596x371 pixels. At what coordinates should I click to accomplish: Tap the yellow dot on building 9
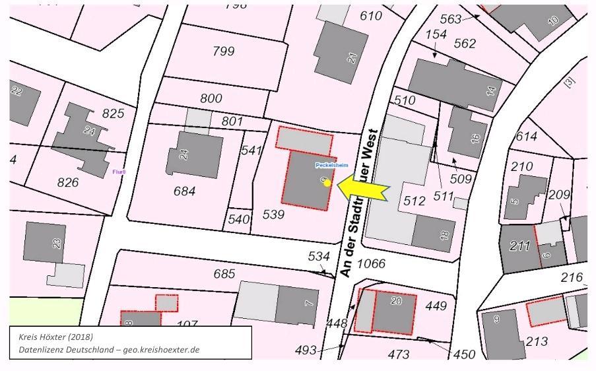327,183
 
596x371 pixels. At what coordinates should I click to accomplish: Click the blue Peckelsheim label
331,164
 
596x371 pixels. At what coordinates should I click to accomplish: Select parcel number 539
273,214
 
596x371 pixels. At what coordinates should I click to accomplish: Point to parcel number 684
184,191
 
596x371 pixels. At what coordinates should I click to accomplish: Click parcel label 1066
371,264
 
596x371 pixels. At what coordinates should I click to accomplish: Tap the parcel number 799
223,51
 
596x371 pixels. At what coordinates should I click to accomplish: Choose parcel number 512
414,201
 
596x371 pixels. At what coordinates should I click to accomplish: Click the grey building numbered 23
45,242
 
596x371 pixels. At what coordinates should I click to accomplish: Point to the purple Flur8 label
119,172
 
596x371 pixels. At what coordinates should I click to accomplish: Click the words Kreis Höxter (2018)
55,336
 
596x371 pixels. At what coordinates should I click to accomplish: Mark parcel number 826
67,183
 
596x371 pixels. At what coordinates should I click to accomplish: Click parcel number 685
224,273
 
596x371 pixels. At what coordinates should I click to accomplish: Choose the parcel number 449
436,306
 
